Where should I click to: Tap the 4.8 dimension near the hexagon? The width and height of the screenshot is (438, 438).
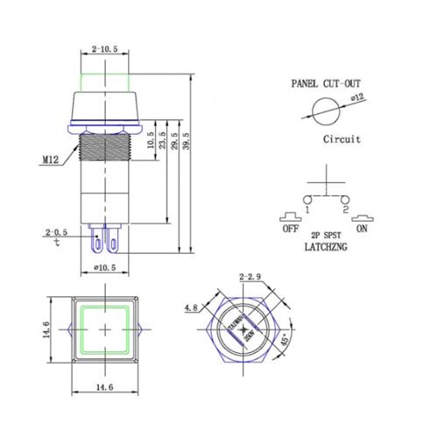(x=190, y=307)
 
